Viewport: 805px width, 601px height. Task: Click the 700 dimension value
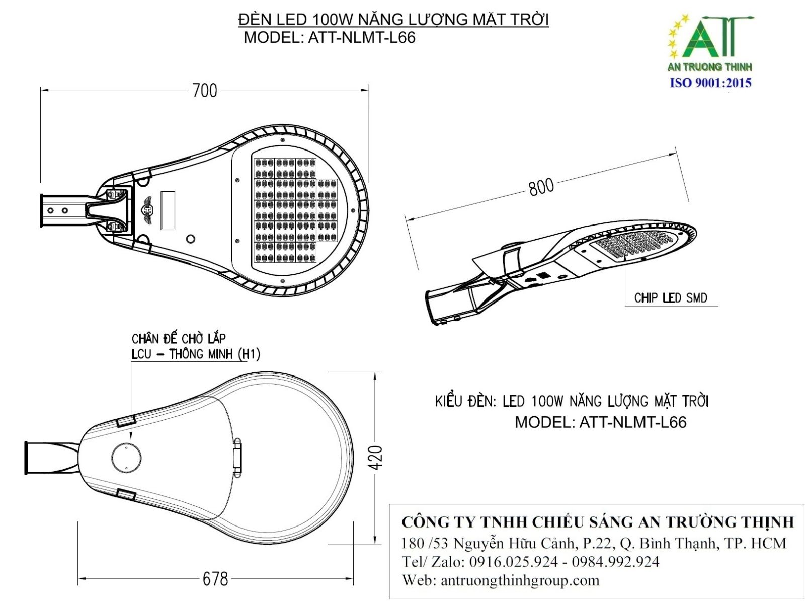(x=205, y=91)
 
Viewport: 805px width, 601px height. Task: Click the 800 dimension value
(x=541, y=187)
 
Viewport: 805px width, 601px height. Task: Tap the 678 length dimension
(x=215, y=579)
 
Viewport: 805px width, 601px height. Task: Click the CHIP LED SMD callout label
(x=671, y=298)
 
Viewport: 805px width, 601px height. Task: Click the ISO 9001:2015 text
(x=710, y=83)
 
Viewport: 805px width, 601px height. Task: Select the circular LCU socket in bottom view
(x=126, y=457)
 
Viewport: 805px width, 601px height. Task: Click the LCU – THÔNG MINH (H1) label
(x=196, y=354)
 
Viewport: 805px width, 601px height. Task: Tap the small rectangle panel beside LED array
(x=167, y=210)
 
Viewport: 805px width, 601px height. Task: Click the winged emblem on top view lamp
(x=147, y=207)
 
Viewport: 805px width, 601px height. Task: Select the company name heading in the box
(x=597, y=522)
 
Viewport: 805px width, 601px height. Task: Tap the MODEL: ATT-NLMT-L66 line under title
(x=330, y=38)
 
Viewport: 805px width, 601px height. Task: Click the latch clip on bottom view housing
(x=237, y=457)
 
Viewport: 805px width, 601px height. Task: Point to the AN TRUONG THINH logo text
(x=709, y=67)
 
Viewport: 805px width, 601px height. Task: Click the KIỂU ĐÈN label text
(x=465, y=401)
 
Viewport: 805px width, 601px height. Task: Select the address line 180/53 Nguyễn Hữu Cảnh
(x=594, y=543)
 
